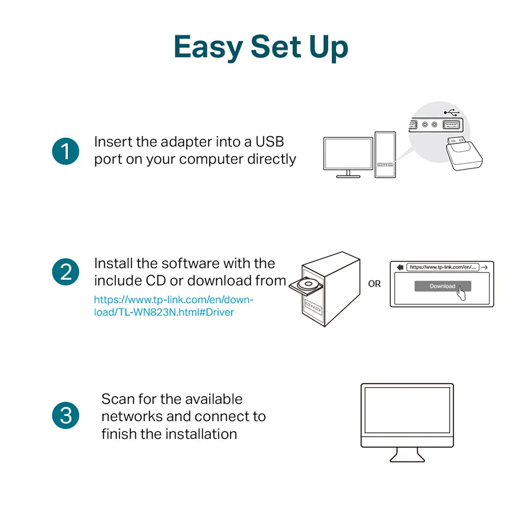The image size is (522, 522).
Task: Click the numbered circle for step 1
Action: click(x=65, y=151)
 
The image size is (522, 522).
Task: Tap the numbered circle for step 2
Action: click(x=65, y=272)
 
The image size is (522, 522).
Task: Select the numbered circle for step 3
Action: click(x=65, y=416)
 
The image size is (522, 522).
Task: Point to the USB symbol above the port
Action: click(x=452, y=112)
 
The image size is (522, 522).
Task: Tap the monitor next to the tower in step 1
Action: click(x=348, y=155)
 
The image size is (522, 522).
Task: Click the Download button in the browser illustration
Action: click(x=442, y=286)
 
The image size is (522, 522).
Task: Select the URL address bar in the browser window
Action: click(x=443, y=267)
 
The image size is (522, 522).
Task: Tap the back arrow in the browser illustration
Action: click(x=400, y=267)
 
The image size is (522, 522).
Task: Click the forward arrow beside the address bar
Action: click(x=484, y=267)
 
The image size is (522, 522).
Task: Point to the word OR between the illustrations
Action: click(x=374, y=284)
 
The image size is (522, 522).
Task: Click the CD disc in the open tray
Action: click(x=305, y=285)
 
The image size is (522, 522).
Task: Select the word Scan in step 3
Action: click(x=118, y=399)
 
